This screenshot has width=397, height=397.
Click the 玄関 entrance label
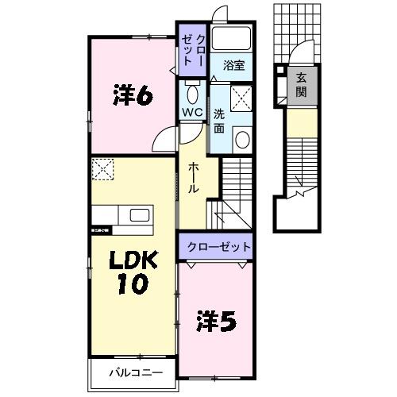(x=303, y=83)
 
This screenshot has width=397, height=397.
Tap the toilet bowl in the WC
(x=191, y=88)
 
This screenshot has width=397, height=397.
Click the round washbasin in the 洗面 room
(x=241, y=141)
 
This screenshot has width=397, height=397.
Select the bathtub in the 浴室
(x=233, y=40)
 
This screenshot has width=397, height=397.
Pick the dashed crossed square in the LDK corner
(x=102, y=169)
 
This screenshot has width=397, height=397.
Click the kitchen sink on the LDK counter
(x=140, y=216)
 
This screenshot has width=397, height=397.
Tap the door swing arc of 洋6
(x=164, y=139)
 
